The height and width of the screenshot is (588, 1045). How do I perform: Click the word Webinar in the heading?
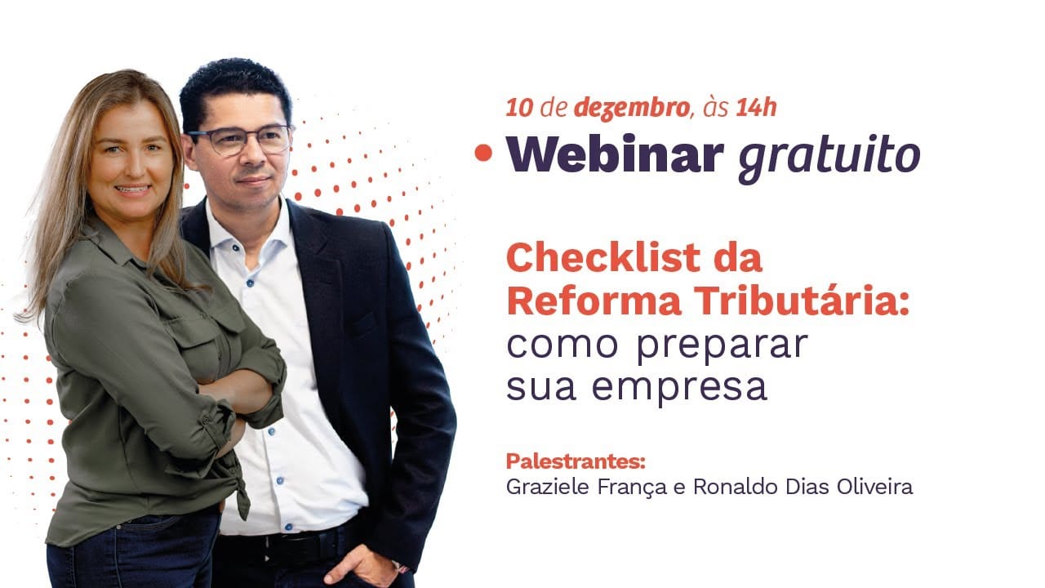pos(615,154)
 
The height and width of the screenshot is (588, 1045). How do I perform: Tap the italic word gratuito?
pos(829,157)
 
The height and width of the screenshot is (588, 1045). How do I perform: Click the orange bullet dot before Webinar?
pos(485,154)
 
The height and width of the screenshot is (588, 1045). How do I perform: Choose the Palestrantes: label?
pos(576,461)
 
